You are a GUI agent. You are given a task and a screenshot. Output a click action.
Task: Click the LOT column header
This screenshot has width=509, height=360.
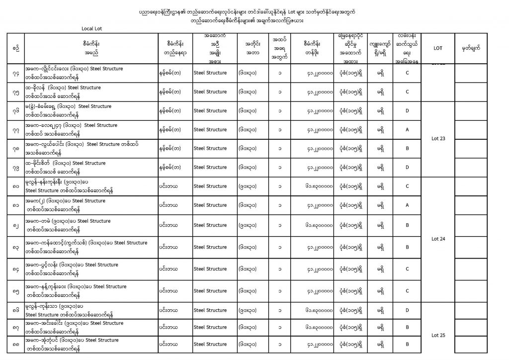[438, 48]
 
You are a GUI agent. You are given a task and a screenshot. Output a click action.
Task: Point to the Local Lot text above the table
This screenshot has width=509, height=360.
[91, 28]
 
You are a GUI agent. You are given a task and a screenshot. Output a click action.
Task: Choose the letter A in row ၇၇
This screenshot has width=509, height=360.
[407, 129]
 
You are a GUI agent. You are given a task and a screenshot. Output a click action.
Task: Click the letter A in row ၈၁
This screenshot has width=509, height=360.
[407, 205]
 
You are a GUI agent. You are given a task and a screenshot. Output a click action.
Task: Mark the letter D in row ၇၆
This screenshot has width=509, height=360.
[407, 110]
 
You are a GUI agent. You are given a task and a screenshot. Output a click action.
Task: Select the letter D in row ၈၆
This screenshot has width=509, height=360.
[407, 310]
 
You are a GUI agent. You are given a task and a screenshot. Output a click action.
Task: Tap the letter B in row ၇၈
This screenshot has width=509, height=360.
[407, 148]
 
